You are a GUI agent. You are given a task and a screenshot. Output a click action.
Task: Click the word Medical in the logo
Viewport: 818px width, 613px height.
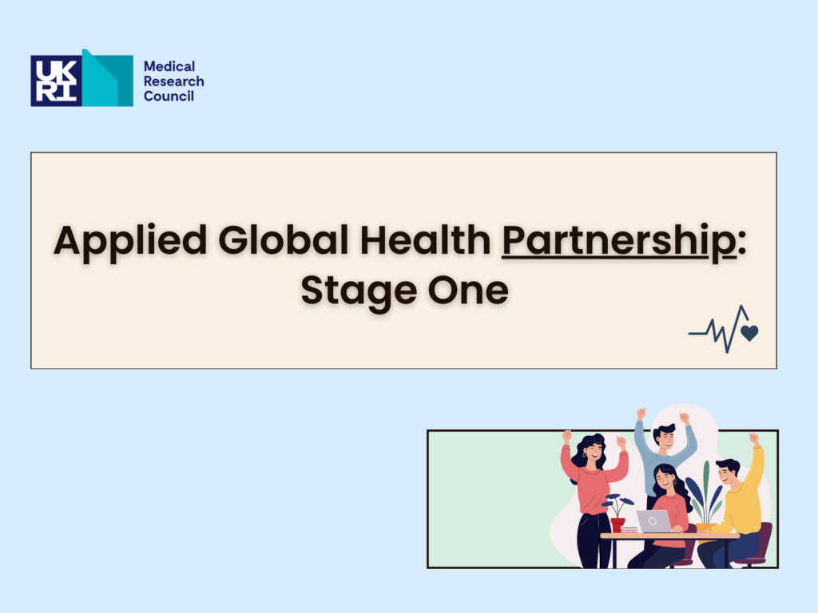pos(169,66)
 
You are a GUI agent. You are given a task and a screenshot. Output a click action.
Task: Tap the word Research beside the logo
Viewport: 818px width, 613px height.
pos(173,81)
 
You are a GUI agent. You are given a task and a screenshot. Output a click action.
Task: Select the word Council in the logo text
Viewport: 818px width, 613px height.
pos(169,96)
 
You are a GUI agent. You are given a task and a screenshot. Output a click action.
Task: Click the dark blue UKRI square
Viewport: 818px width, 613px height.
pos(57,81)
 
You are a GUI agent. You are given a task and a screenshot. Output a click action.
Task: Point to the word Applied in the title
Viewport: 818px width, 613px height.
pos(130,241)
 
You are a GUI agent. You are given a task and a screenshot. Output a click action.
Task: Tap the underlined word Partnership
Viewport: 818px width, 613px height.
pos(619,241)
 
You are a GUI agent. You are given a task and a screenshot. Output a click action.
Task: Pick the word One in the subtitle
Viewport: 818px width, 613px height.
pos(468,291)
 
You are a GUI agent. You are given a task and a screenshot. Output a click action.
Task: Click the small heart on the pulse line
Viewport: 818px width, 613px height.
pos(749,333)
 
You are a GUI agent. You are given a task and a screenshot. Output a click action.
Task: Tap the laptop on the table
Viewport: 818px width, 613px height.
pos(653,521)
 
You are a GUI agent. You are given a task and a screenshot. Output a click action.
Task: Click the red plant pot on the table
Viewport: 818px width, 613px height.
pos(617,524)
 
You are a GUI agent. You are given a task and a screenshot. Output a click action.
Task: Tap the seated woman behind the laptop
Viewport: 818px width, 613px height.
pos(666,513)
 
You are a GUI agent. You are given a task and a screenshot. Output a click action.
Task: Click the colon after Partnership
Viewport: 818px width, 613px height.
pos(742,241)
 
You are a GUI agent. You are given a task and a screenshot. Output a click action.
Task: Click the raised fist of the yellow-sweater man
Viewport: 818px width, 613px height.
pos(753,438)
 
